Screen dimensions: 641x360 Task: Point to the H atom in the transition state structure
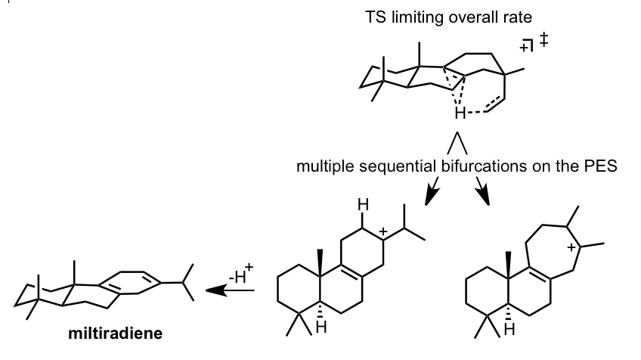pyautogui.click(x=456, y=113)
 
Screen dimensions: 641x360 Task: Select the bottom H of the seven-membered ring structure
pyautogui.click(x=509, y=331)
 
